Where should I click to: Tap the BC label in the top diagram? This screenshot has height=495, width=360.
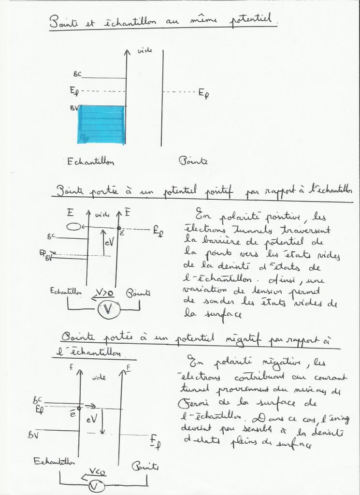coord(77,74)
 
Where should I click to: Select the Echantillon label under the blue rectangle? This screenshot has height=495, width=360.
coord(90,162)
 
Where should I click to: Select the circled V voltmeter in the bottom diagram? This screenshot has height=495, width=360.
coord(96,485)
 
